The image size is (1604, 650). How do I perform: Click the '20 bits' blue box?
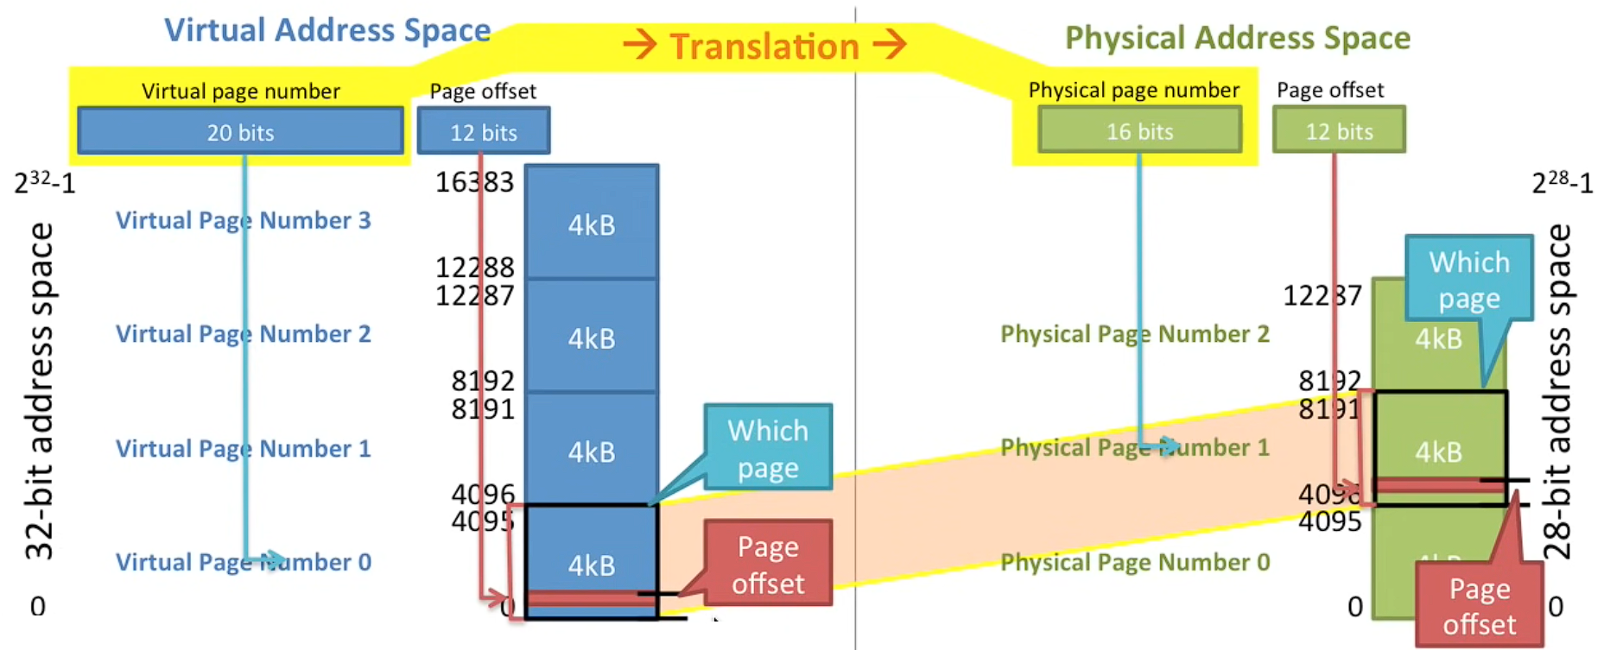(x=240, y=132)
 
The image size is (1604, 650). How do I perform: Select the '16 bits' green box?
(x=1139, y=131)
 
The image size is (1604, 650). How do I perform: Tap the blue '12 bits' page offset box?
(x=483, y=132)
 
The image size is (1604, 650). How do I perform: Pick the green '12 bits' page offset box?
(x=1339, y=131)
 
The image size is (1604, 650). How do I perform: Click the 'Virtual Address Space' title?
(x=327, y=30)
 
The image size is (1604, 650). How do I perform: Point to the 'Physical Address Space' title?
(x=1237, y=38)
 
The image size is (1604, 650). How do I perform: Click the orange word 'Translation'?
(x=764, y=47)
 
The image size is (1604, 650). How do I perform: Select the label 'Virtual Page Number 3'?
(x=243, y=220)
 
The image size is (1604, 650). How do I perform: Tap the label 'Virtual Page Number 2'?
(x=243, y=334)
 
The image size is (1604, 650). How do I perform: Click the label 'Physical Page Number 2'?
(x=1134, y=334)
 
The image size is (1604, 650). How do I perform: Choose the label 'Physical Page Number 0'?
(x=1134, y=562)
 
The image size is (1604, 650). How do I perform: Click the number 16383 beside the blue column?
(x=474, y=182)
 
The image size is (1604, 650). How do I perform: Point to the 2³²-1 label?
(x=45, y=183)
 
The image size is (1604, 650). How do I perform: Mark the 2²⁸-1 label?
(x=1562, y=183)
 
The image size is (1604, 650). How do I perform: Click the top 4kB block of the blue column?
(x=592, y=224)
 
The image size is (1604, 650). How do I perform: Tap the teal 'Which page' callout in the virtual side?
(x=768, y=448)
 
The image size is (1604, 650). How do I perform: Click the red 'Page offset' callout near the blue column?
(x=768, y=565)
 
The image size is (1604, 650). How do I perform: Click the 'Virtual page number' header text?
(x=240, y=92)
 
